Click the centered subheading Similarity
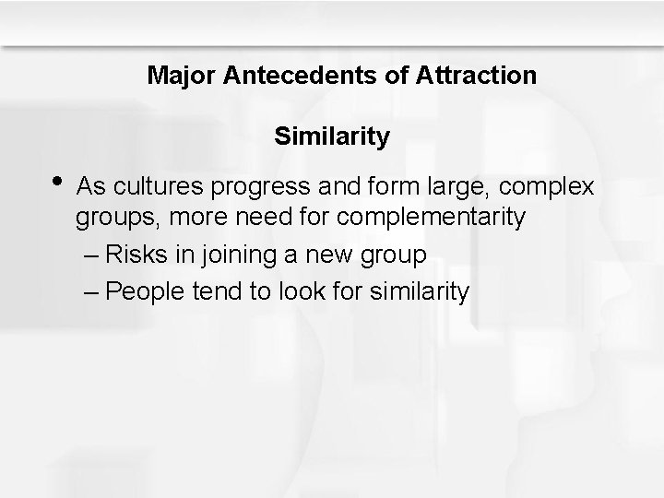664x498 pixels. (332, 137)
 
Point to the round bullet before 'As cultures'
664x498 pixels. (60, 182)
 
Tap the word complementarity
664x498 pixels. (433, 219)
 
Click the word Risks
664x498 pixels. (136, 254)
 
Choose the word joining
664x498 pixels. (231, 255)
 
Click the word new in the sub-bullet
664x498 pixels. (322, 255)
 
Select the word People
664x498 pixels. (143, 291)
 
